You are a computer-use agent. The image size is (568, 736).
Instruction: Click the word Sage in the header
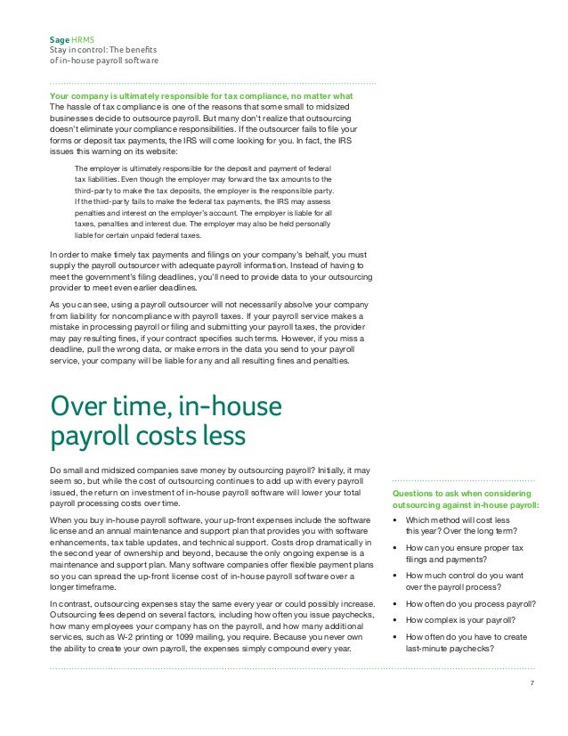click(58, 41)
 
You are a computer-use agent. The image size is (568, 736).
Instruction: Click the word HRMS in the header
click(83, 41)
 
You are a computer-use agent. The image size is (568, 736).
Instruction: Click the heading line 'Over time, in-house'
click(166, 408)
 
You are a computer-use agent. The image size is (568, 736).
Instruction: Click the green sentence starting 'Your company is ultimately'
click(202, 96)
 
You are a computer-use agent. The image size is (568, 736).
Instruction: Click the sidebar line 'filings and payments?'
click(449, 560)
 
